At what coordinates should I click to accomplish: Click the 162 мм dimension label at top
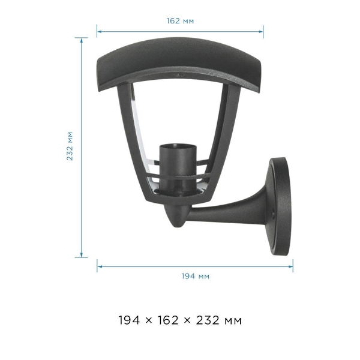180,21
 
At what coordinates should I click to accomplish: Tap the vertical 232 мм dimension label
70,146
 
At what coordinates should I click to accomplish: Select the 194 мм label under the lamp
196,276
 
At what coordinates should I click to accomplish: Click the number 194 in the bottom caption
129,320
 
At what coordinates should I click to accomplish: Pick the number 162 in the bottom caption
168,320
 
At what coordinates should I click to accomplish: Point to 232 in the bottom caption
208,320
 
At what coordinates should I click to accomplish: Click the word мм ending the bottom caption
233,321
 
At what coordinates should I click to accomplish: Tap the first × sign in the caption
149,320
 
